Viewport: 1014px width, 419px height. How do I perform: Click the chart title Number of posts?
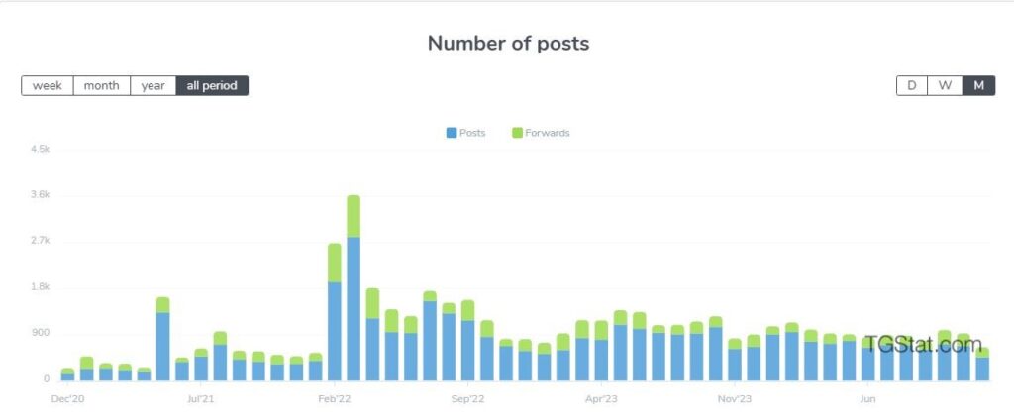tap(508, 44)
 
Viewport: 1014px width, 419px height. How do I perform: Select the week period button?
tap(48, 86)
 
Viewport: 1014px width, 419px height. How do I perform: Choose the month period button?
tap(101, 86)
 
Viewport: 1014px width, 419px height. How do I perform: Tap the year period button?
tap(152, 86)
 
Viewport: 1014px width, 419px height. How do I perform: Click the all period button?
tap(212, 86)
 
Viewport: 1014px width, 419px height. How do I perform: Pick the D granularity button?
tap(912, 85)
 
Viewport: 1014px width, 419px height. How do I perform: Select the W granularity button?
tap(945, 85)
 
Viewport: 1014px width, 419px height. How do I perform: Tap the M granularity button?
tap(978, 85)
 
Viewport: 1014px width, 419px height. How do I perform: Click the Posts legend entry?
tap(465, 133)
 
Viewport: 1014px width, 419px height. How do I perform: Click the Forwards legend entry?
tap(541, 133)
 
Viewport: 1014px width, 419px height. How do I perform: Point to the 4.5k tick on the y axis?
tap(40, 149)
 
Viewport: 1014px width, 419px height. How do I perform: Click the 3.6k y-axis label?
tap(40, 195)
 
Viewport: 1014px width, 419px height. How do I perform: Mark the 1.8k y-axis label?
tap(40, 287)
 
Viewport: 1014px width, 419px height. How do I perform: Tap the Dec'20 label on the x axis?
tap(67, 399)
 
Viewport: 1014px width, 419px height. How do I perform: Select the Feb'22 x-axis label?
tap(335, 399)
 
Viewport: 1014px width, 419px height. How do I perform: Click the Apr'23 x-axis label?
tap(602, 399)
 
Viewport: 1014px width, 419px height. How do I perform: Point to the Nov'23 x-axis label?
tap(735, 399)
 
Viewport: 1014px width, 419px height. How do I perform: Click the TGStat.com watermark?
tap(921, 345)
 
